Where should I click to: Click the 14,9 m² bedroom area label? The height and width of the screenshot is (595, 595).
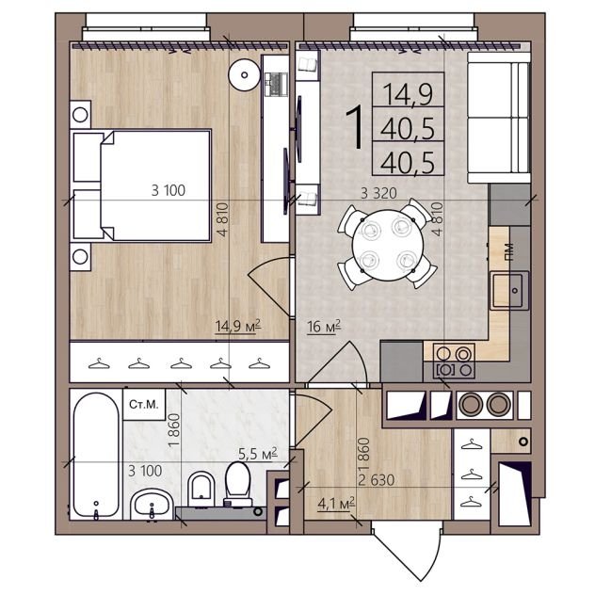238,326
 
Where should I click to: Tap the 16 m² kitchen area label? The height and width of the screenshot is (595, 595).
324,327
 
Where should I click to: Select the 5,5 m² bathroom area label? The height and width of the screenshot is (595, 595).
258,454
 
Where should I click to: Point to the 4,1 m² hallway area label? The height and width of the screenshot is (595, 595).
336,504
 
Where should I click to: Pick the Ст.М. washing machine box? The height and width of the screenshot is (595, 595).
144,404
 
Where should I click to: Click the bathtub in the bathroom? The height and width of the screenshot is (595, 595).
96,455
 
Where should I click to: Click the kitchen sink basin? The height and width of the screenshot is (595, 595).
508,290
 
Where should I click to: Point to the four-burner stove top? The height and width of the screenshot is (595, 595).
454,362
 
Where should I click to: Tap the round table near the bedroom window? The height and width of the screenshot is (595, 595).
245,75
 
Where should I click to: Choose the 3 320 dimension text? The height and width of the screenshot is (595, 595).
378,194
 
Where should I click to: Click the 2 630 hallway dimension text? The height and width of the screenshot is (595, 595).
377,480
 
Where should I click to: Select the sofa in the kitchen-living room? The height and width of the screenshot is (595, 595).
499,118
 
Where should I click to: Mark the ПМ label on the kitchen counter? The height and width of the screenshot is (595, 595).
509,251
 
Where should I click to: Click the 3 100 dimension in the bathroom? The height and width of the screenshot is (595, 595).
145,471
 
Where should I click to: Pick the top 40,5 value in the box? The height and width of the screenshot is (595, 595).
408,128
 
